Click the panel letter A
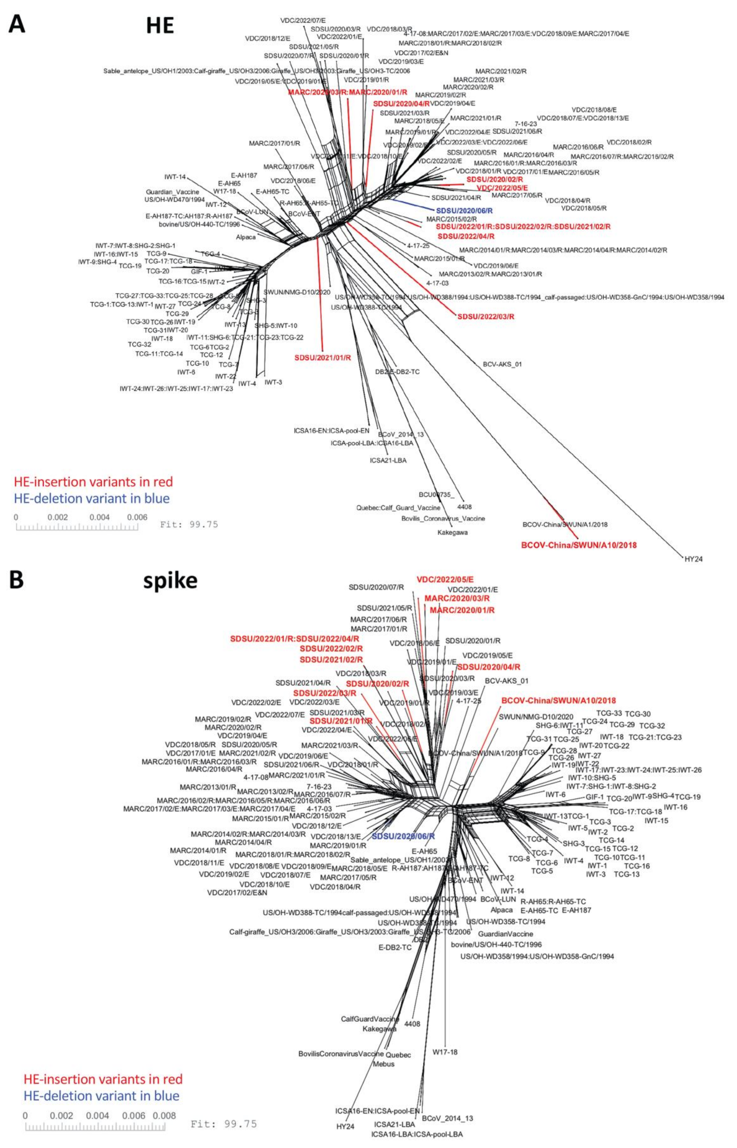pyautogui.click(x=17, y=24)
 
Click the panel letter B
pyautogui.click(x=16, y=580)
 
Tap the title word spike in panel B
pyautogui.click(x=170, y=580)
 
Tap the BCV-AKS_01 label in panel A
pyautogui.click(x=502, y=364)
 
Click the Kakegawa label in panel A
pyautogui.click(x=452, y=532)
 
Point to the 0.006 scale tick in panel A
pyautogui.click(x=137, y=517)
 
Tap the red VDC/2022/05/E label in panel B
pyautogui.click(x=445, y=579)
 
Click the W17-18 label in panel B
pyautogui.click(x=445, y=1052)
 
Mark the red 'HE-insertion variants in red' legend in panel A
pyautogui.click(x=93, y=482)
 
